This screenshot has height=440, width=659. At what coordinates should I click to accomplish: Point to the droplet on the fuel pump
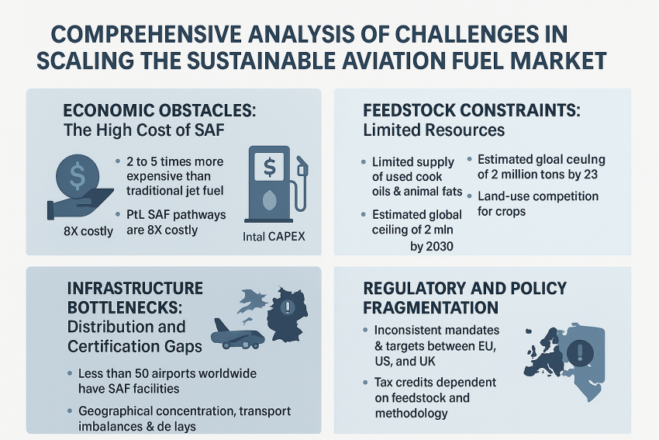tap(270, 203)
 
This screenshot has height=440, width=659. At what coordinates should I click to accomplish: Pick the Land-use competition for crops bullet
tap(537, 203)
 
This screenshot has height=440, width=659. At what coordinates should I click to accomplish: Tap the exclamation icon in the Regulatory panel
tap(578, 354)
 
